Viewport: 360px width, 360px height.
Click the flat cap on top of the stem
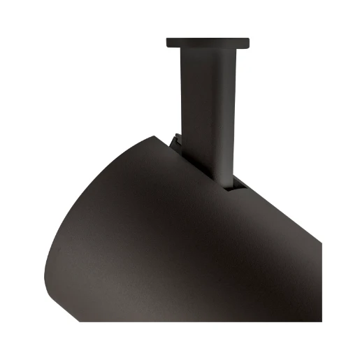pyautogui.click(x=208, y=43)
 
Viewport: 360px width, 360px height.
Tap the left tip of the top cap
pyautogui.click(x=168, y=43)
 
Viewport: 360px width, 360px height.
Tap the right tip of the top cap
pyautogui.click(x=248, y=43)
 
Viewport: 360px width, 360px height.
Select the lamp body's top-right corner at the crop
pyautogui.click(x=322, y=243)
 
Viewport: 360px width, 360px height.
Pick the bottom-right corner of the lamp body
pyautogui.click(x=322, y=320)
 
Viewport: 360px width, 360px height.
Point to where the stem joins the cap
pyautogui.click(x=208, y=50)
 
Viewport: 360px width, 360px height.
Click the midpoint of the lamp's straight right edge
pyautogui.click(x=321, y=281)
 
